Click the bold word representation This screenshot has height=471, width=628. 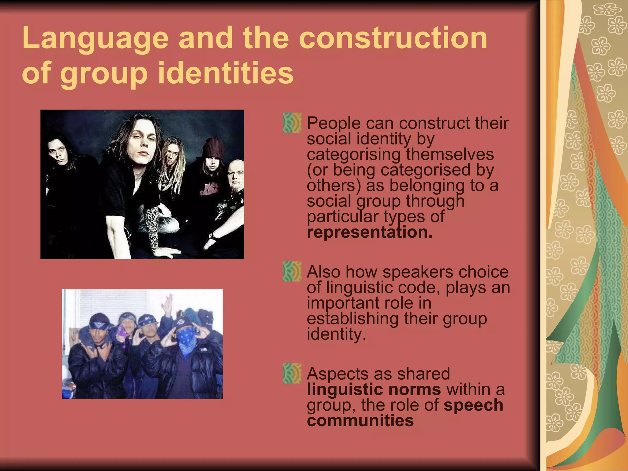coord(370,232)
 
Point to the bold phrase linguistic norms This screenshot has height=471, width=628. coord(374,389)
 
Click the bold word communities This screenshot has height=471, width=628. coord(360,420)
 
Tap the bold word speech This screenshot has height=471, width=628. coord(473,405)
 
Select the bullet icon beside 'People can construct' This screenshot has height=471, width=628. coord(292,123)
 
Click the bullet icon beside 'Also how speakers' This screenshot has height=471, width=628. coord(292,272)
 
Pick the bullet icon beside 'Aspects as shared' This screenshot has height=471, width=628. coord(292,374)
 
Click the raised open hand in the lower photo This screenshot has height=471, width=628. coord(168,304)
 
